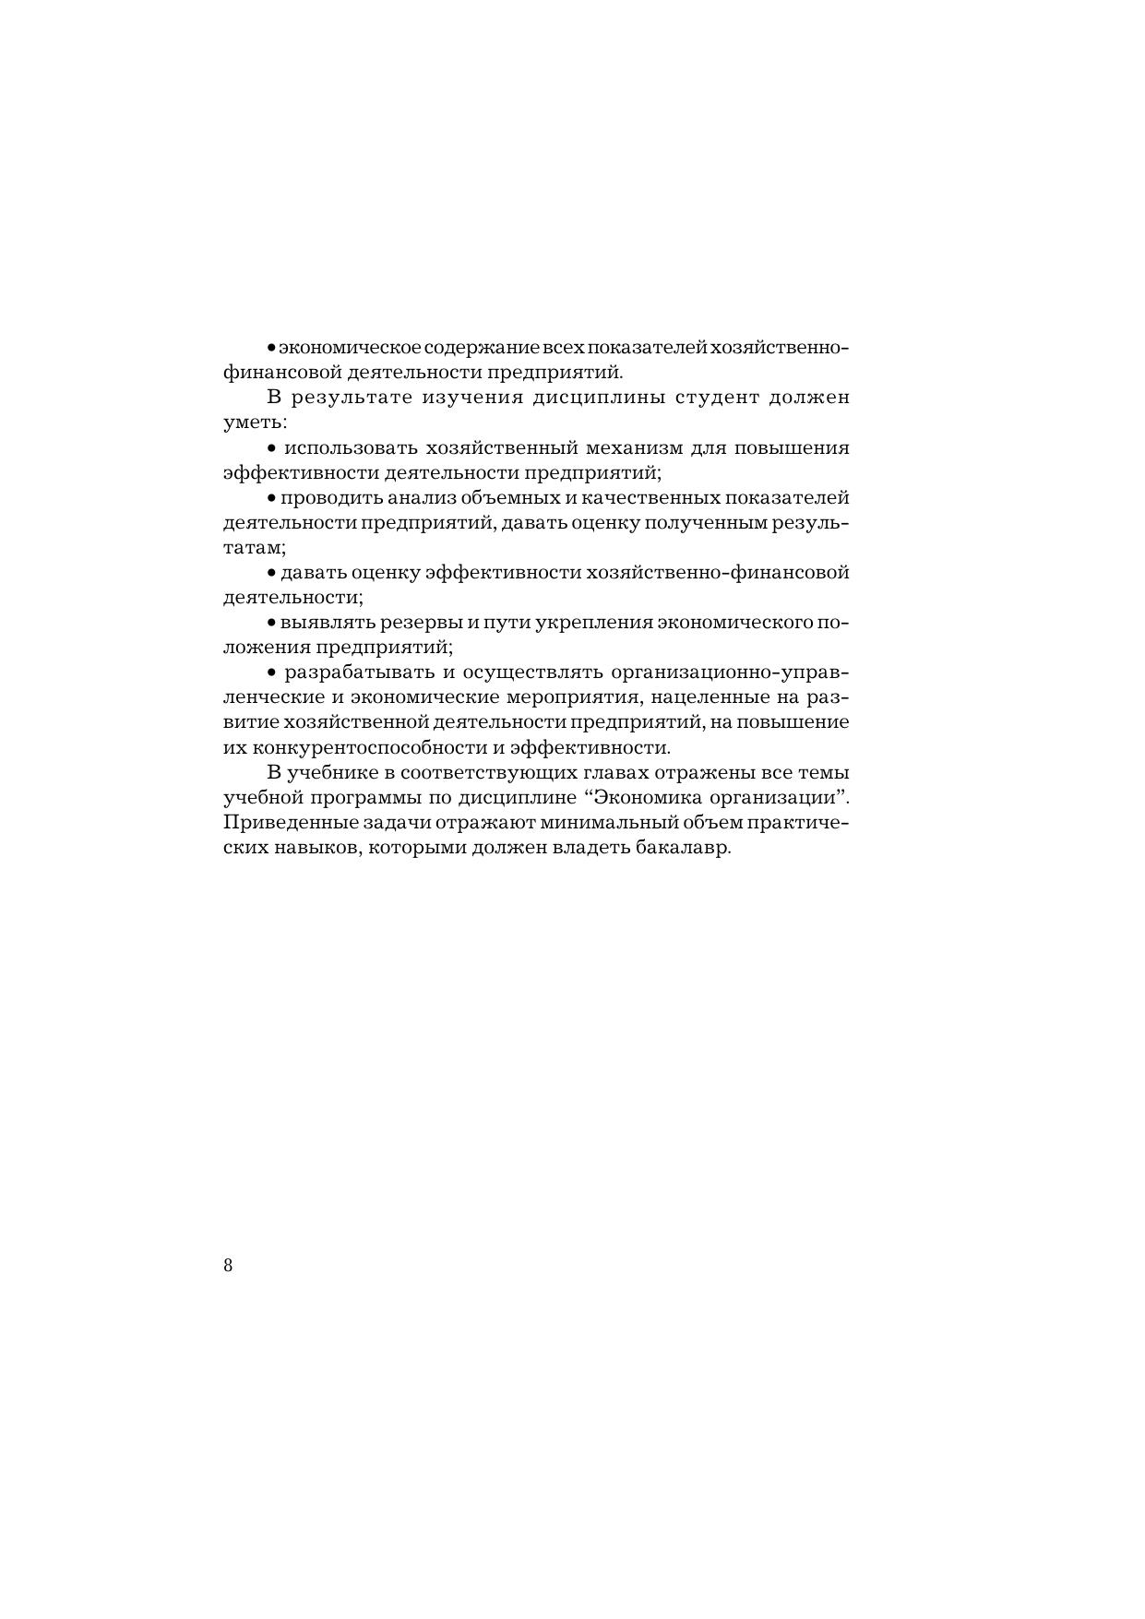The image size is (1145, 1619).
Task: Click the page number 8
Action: [x=228, y=1265]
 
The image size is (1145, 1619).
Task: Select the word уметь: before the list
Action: [x=256, y=423]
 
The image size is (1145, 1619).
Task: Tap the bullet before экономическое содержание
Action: [x=271, y=349]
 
